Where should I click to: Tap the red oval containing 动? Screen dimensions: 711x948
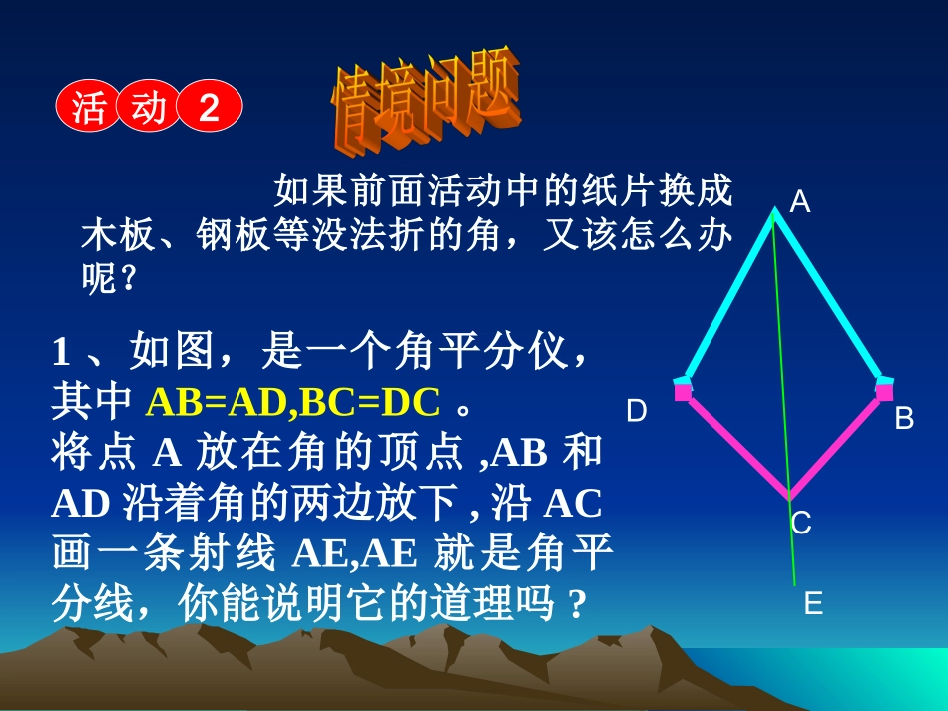(149, 106)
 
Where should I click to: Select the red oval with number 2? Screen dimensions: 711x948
(210, 106)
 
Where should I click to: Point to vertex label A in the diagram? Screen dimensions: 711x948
(799, 203)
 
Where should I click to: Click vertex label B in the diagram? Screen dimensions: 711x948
(904, 418)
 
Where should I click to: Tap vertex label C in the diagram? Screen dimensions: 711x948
(801, 523)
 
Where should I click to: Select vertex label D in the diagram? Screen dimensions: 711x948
(636, 411)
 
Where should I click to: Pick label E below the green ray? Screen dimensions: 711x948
(813, 603)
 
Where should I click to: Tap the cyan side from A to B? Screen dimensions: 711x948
(828, 295)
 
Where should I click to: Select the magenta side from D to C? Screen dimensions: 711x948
(735, 444)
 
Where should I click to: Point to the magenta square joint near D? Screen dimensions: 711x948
(683, 391)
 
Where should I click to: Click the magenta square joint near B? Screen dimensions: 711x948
(884, 391)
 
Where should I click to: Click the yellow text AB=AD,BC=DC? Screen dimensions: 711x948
(292, 402)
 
